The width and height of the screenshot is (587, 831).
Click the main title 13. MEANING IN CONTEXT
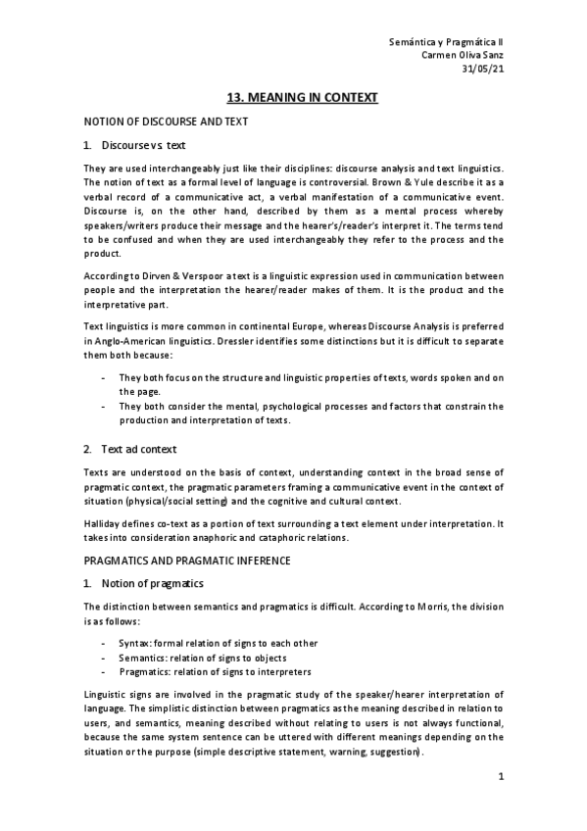(x=302, y=98)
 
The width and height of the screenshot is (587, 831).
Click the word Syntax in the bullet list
(x=134, y=643)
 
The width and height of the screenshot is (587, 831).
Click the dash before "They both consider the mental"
(x=103, y=406)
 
